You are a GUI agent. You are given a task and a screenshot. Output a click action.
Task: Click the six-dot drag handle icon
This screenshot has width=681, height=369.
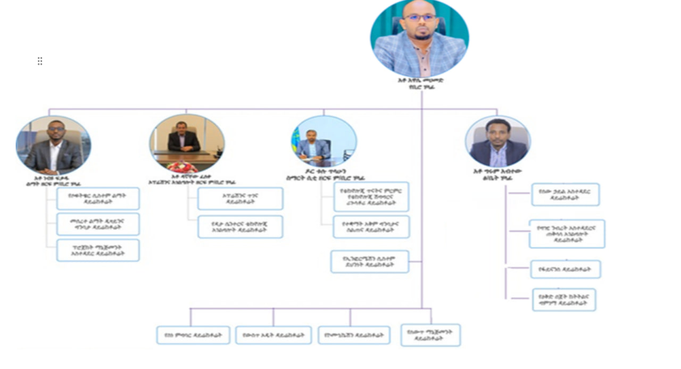(x=40, y=61)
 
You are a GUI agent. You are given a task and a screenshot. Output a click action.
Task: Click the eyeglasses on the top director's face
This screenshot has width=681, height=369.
(x=419, y=18)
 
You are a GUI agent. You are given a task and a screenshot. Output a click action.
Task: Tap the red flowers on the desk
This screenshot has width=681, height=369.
(x=182, y=166)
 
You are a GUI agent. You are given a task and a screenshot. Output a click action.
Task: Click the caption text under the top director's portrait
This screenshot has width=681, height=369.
(x=420, y=84)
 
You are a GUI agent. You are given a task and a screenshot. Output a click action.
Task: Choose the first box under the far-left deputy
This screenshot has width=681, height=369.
(x=98, y=199)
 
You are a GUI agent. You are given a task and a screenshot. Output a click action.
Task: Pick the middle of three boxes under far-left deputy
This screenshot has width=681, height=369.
(x=98, y=224)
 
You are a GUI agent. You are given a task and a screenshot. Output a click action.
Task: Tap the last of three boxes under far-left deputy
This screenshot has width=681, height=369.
(x=98, y=250)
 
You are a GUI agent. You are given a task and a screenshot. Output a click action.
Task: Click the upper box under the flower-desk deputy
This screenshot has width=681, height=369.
(x=240, y=199)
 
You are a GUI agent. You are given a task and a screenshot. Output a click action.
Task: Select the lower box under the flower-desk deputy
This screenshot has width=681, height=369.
(x=240, y=227)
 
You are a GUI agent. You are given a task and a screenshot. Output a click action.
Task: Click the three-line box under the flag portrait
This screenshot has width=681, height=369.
(x=371, y=196)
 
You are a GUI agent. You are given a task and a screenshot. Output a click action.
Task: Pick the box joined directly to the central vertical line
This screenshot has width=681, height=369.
(x=370, y=261)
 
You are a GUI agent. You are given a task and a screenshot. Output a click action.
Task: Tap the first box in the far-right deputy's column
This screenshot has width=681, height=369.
(x=565, y=194)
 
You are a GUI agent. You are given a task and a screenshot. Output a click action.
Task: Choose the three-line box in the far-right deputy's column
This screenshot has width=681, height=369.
(x=567, y=234)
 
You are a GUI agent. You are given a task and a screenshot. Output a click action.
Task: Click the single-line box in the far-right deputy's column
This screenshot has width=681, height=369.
(x=565, y=269)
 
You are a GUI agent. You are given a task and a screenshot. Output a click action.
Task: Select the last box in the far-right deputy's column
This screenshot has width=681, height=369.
(x=564, y=300)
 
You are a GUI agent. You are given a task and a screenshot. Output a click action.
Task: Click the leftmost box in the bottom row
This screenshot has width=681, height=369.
(x=193, y=335)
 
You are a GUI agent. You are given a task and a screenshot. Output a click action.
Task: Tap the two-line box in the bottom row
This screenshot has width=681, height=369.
(x=430, y=335)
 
